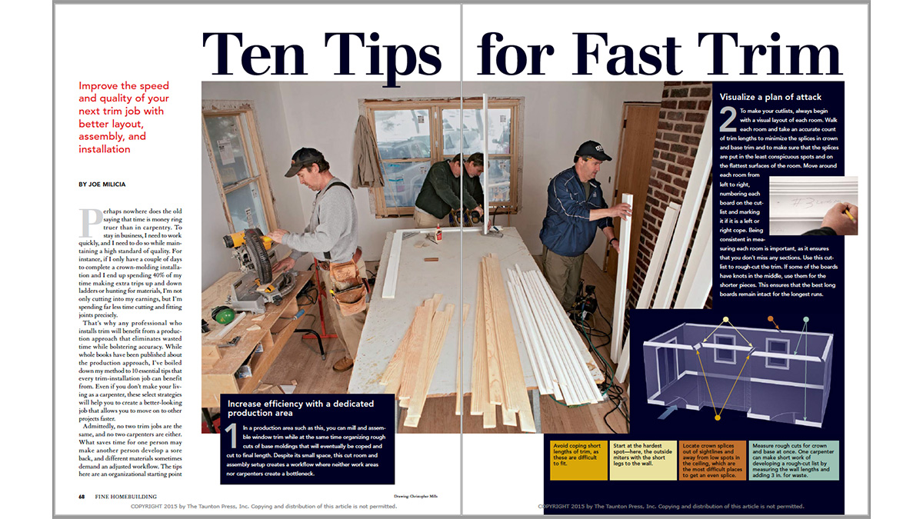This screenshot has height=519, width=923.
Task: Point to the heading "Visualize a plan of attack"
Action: click(771, 97)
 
